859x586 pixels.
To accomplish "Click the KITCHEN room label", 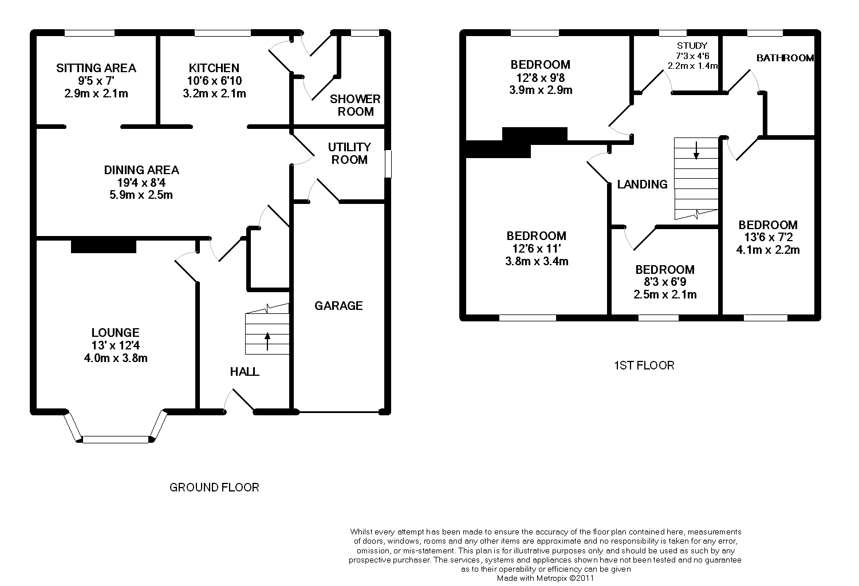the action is click(x=214, y=68).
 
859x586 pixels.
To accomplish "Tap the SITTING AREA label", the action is click(x=96, y=68).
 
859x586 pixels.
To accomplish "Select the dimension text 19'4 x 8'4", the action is click(x=141, y=183).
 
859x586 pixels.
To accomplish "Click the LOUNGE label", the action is click(x=116, y=332).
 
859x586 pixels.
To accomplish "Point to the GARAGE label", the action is click(x=338, y=306).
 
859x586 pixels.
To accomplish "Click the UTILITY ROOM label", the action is click(x=349, y=154).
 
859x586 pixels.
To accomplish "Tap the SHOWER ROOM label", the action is click(x=355, y=105).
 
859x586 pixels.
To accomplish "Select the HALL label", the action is click(x=245, y=372).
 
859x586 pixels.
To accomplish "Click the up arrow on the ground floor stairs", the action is click(x=267, y=341).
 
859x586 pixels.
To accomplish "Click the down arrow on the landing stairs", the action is click(x=696, y=150).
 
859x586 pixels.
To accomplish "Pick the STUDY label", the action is click(x=692, y=46).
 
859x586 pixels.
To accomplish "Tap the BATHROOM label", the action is click(x=785, y=58).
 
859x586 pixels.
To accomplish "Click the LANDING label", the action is click(x=643, y=184).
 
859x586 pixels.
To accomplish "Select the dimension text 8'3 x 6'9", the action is click(x=665, y=282).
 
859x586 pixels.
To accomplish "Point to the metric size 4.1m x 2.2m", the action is click(x=768, y=250).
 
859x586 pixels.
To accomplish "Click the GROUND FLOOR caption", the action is click(x=214, y=487).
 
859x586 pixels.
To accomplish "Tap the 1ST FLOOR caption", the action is click(x=644, y=365).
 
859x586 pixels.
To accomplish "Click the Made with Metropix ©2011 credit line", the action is click(x=545, y=579).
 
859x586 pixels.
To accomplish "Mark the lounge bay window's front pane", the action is click(x=116, y=439).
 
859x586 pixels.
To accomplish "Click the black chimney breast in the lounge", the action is click(x=104, y=246).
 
